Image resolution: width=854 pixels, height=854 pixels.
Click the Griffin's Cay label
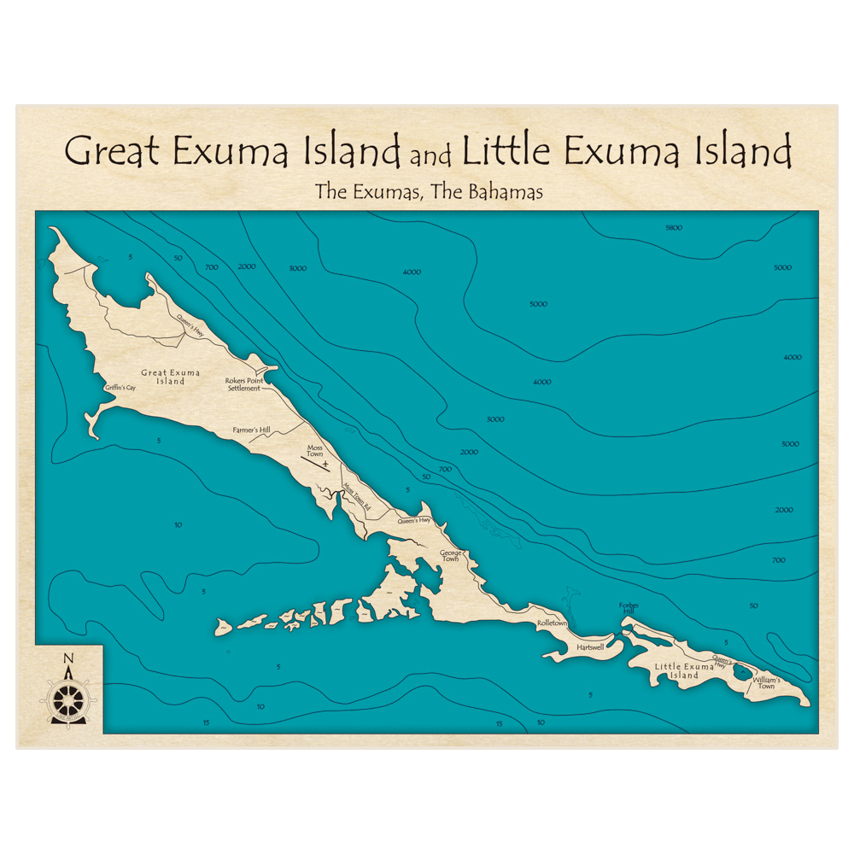(x=120, y=388)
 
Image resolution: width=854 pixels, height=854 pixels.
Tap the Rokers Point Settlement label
(x=243, y=384)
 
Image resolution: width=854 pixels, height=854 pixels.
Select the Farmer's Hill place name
(x=252, y=431)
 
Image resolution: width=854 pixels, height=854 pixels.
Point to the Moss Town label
(x=315, y=450)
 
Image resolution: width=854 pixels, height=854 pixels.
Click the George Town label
(x=450, y=555)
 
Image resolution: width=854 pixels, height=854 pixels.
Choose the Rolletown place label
(x=552, y=623)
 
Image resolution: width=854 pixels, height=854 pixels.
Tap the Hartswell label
(x=590, y=647)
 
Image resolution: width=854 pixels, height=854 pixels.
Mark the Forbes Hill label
(x=629, y=608)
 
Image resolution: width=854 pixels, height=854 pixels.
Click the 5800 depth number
(x=674, y=228)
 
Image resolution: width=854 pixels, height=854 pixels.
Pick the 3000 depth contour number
(x=495, y=419)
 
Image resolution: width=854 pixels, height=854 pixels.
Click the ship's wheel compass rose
(x=68, y=699)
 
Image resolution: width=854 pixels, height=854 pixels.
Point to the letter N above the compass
(x=68, y=658)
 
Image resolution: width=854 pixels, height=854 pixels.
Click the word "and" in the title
(x=431, y=157)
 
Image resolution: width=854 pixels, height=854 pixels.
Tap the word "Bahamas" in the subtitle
(x=503, y=192)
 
